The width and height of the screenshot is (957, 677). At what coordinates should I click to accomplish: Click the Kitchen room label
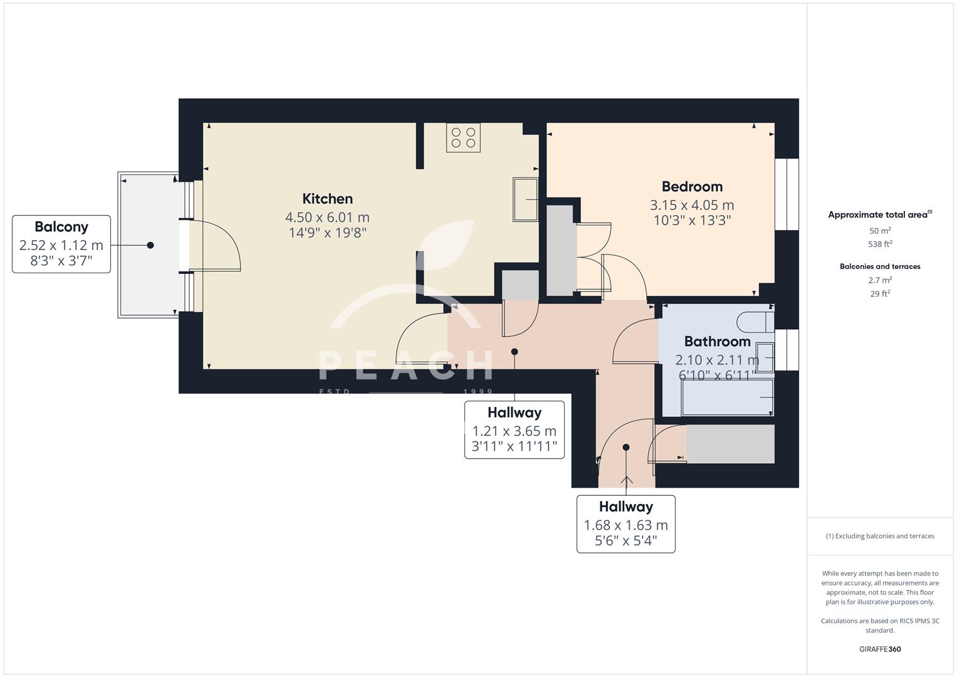(x=327, y=199)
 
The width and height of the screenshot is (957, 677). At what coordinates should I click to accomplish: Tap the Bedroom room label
(x=692, y=186)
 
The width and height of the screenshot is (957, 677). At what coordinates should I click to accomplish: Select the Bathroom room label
(x=717, y=342)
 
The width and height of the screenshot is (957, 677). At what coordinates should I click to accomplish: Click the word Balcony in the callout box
(x=61, y=227)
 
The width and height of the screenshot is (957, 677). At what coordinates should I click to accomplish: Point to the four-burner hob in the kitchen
(x=463, y=138)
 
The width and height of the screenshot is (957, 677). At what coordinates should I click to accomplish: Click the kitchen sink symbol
(x=525, y=199)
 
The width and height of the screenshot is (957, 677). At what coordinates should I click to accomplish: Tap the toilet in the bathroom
(x=755, y=322)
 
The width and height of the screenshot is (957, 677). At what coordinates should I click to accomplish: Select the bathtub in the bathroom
(x=727, y=397)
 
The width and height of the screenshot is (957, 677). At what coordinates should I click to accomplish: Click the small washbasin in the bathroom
(x=765, y=357)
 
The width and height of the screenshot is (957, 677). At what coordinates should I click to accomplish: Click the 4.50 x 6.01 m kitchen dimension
(x=327, y=218)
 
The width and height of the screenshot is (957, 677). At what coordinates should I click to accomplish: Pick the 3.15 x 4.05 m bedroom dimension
(x=692, y=205)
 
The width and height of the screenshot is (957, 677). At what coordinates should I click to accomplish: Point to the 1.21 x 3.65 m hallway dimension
(x=514, y=431)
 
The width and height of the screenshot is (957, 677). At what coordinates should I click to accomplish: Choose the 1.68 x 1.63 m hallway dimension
(x=625, y=525)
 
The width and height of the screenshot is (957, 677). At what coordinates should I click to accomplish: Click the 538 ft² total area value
(x=880, y=244)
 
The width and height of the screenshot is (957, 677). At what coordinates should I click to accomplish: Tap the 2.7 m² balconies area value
(x=880, y=280)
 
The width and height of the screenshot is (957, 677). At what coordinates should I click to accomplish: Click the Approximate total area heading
(x=879, y=215)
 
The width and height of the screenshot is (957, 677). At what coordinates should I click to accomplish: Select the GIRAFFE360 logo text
(x=880, y=649)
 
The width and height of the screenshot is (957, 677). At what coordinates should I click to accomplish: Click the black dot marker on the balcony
(x=150, y=245)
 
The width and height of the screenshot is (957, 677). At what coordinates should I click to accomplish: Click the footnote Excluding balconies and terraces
(x=880, y=536)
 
